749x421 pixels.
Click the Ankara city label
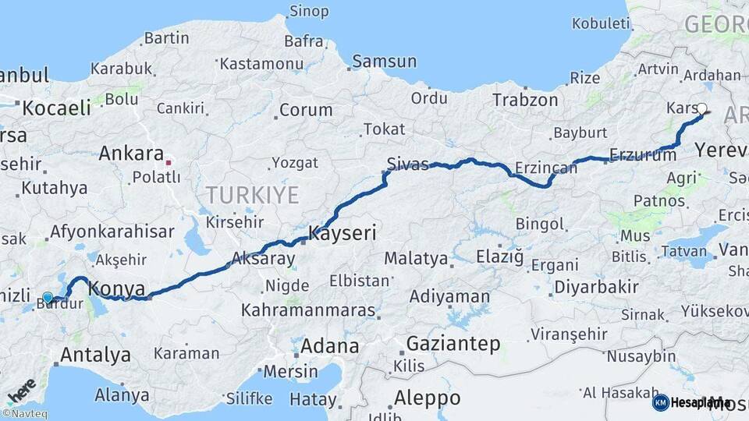point(130,154)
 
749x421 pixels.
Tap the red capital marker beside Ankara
point(169,164)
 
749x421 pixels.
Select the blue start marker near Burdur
point(48,298)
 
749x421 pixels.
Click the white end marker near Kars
point(701,109)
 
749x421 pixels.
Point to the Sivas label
point(407,164)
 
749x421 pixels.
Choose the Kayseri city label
point(343,232)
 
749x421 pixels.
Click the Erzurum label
point(643,155)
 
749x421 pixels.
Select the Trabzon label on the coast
point(525,100)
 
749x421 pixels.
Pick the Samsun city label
point(384,61)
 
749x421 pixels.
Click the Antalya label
point(95,356)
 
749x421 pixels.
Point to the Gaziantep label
point(453,344)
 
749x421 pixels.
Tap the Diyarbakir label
point(596,287)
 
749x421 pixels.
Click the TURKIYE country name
point(252,195)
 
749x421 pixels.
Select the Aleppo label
point(427,398)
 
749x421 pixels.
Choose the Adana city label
point(330,345)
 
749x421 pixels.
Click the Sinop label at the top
point(309,11)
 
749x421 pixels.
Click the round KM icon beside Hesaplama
point(660,402)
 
